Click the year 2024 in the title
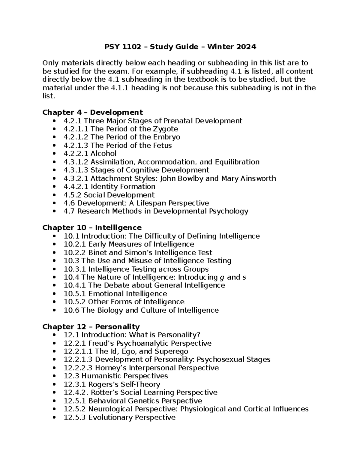point(246,47)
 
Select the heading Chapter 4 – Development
point(92,112)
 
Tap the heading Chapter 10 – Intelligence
point(92,227)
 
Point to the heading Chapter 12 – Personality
point(91,326)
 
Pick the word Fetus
point(163,146)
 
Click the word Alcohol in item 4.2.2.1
point(103,154)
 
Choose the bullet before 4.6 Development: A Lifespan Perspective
point(54,203)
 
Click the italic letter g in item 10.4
point(222,277)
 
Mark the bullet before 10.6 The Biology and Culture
point(54,310)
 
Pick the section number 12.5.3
point(75,417)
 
